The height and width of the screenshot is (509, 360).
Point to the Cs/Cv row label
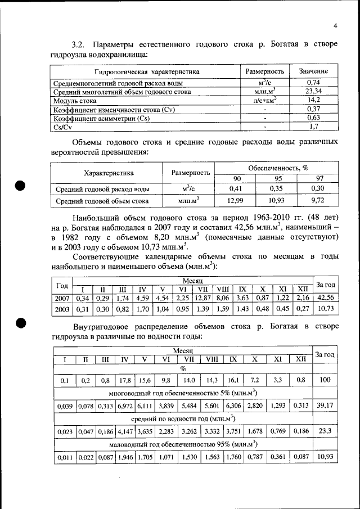pyautogui.click(x=61, y=127)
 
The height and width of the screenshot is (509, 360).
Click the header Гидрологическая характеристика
pyautogui.click(x=147, y=72)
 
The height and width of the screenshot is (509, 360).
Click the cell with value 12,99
pyautogui.click(x=235, y=200)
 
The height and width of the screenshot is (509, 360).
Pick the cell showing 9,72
pyautogui.click(x=318, y=200)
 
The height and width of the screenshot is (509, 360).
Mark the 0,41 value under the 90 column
pyautogui.click(x=235, y=189)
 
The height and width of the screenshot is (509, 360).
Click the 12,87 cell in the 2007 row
pyautogui.click(x=202, y=298)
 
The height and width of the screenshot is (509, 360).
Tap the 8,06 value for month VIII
pyautogui.click(x=223, y=298)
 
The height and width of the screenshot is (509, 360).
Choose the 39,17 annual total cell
pyautogui.click(x=325, y=406)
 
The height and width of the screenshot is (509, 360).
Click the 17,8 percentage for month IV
pyautogui.click(x=125, y=381)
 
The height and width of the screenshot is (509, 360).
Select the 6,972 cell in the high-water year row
pyautogui.click(x=125, y=406)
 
